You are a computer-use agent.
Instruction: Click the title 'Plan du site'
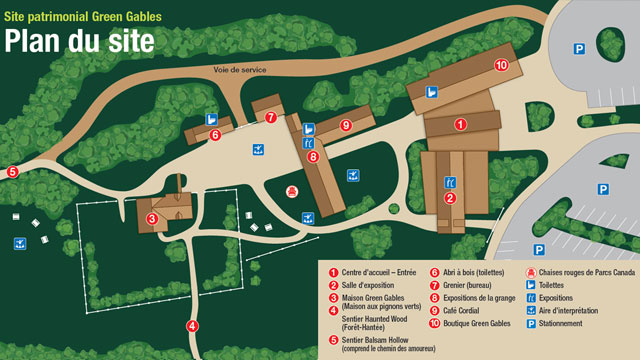click(x=79, y=41)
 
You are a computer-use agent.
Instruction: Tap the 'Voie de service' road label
click(x=241, y=70)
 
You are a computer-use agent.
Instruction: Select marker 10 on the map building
click(x=501, y=65)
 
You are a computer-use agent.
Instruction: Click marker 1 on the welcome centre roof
click(x=461, y=125)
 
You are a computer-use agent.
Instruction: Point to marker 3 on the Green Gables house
click(x=152, y=219)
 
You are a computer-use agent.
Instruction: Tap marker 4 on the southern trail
click(x=192, y=298)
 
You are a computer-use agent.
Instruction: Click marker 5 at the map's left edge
click(x=12, y=172)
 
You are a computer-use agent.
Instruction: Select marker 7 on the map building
click(x=270, y=117)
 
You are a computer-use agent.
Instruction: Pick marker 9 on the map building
click(x=346, y=125)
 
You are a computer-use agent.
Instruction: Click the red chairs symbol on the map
click(x=292, y=190)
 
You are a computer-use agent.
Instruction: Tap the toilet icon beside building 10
click(x=432, y=92)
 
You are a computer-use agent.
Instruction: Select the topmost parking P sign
click(x=579, y=48)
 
